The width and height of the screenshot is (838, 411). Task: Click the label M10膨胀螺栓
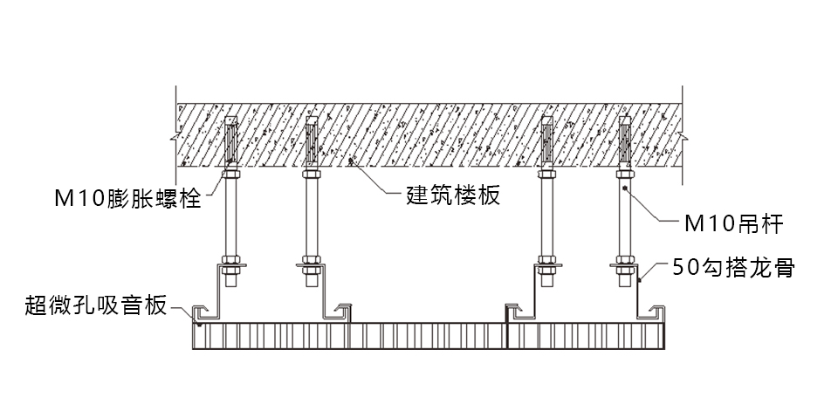[x=127, y=199]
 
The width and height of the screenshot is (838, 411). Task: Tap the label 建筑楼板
[x=453, y=195]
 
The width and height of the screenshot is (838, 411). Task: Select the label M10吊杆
[x=734, y=224]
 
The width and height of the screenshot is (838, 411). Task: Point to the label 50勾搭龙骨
[x=734, y=267]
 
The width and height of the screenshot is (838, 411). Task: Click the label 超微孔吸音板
[x=96, y=305]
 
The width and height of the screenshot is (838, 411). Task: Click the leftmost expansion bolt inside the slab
[x=230, y=140]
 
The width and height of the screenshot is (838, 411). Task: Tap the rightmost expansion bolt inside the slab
[x=625, y=140]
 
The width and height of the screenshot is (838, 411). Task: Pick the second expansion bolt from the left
[x=313, y=140]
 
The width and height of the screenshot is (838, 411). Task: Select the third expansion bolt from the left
[x=546, y=140]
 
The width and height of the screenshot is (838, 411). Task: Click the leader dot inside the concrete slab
[x=351, y=159]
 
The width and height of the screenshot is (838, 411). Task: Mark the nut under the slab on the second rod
[x=312, y=174]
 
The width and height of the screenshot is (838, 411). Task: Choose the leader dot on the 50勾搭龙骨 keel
[x=639, y=279]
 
